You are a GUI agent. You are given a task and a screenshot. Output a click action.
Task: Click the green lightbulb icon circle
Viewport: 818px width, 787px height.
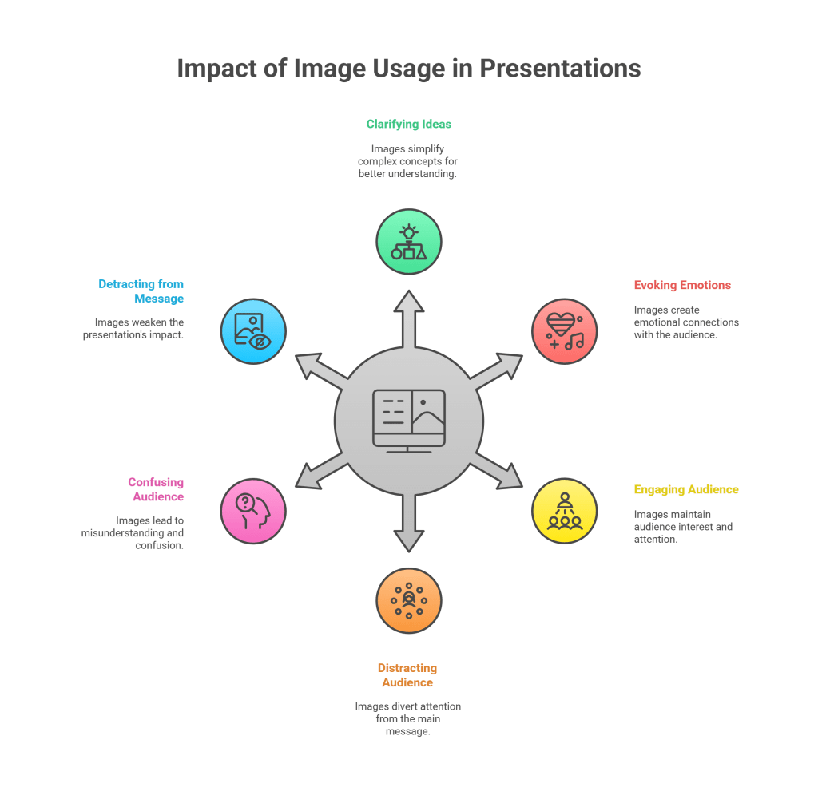click(x=409, y=242)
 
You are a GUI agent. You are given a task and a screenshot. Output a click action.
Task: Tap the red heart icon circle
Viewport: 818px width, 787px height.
click(x=565, y=331)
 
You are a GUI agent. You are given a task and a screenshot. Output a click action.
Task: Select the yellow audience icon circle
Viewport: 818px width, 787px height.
click(x=565, y=511)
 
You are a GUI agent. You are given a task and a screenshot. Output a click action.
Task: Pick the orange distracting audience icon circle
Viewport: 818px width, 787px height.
click(x=409, y=601)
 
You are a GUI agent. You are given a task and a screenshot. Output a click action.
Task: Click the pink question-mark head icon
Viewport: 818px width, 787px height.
click(x=253, y=511)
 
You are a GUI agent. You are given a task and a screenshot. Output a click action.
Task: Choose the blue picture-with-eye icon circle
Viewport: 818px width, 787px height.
click(x=253, y=331)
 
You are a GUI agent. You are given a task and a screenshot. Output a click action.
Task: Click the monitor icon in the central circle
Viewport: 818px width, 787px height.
click(x=409, y=421)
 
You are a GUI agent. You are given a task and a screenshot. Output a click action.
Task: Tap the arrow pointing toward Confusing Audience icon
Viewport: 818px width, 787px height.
click(x=319, y=473)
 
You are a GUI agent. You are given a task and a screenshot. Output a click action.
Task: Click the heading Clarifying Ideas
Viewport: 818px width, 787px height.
click(x=409, y=125)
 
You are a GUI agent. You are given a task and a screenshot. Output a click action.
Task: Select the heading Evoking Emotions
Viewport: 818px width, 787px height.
click(x=682, y=285)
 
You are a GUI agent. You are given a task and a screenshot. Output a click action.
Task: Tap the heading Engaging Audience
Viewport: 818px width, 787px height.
click(x=686, y=489)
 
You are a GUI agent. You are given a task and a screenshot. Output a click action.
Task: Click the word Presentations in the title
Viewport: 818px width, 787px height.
click(x=560, y=69)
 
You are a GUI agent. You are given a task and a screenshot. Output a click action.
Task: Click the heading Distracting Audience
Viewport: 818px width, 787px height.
click(x=407, y=675)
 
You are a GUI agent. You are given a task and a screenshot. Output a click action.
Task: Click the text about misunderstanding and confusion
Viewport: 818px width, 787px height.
click(x=133, y=533)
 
